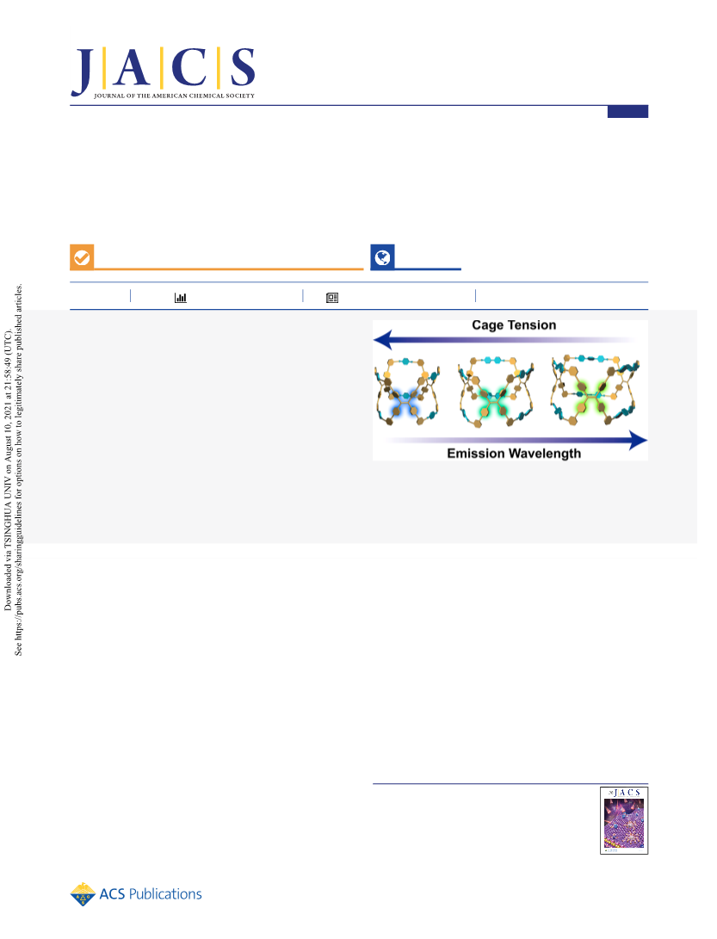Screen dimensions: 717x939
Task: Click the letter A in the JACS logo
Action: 132,67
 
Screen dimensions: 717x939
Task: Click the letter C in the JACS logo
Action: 189,67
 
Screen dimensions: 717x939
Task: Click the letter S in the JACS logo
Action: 243,67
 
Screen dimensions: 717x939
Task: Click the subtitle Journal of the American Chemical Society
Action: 175,96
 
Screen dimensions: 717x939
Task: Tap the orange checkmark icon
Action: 82,257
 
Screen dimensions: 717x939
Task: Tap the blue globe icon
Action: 382,257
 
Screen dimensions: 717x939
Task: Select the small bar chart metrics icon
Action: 180,298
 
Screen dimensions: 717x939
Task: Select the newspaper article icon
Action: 332,298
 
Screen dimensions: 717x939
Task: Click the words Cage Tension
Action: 514,325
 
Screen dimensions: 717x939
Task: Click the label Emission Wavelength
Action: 514,454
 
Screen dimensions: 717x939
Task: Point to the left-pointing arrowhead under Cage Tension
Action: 382,340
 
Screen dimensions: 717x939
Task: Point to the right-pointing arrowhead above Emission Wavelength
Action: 638,441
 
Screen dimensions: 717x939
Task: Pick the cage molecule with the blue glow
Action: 407,392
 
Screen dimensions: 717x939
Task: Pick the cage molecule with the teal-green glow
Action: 496,392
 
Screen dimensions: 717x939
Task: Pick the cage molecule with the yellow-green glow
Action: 595,389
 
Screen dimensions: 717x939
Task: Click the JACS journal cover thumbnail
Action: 624,820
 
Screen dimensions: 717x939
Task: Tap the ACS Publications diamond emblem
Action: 83,894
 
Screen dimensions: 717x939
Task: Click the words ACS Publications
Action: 151,894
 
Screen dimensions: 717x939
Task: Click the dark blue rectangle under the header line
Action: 627,111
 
